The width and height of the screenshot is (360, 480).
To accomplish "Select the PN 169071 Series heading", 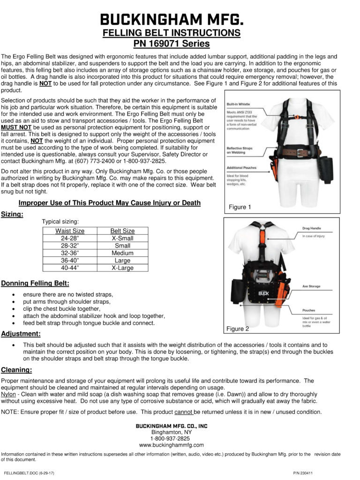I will coord(172,44).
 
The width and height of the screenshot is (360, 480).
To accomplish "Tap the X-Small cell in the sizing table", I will coord(122,238).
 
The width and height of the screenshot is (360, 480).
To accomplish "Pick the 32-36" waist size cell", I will coord(70,253).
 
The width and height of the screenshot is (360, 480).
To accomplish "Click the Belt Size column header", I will coord(122,231).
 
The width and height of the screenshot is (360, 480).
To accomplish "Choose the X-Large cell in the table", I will coord(122,268).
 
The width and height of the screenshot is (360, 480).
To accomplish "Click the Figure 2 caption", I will coord(238,329).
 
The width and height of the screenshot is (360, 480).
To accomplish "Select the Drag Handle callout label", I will coord(312,228).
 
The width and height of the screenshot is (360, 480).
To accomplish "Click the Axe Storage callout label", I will coord(311,285).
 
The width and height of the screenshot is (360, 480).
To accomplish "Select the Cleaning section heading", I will coord(16,369).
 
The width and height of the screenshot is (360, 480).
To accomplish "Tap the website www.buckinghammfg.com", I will coord(172,445).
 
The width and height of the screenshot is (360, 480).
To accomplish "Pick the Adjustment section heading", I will coord(21,334).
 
